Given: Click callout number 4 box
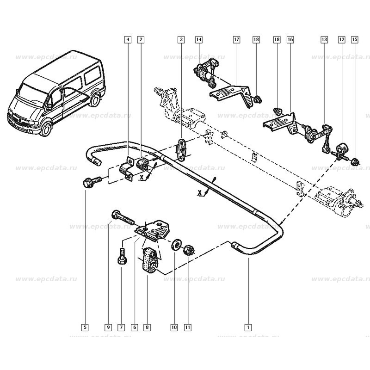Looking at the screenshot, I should (127, 40).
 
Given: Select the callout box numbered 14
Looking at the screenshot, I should (198, 40).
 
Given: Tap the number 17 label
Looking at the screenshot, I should (236, 40).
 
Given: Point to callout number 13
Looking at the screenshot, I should (324, 40).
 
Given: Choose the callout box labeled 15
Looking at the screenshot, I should (355, 40).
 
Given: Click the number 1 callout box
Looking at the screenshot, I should (248, 327).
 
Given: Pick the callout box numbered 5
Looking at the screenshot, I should (85, 327).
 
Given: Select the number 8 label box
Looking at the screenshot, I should (147, 327).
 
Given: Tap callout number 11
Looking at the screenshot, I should (187, 327).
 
